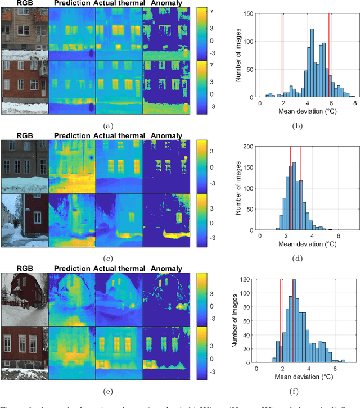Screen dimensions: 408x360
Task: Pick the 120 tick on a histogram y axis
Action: (x=245, y=280)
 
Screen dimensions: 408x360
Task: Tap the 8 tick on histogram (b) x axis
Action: (x=353, y=103)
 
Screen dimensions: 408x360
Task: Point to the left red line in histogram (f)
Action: (x=280, y=320)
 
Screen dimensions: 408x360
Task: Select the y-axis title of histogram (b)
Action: (x=239, y=55)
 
